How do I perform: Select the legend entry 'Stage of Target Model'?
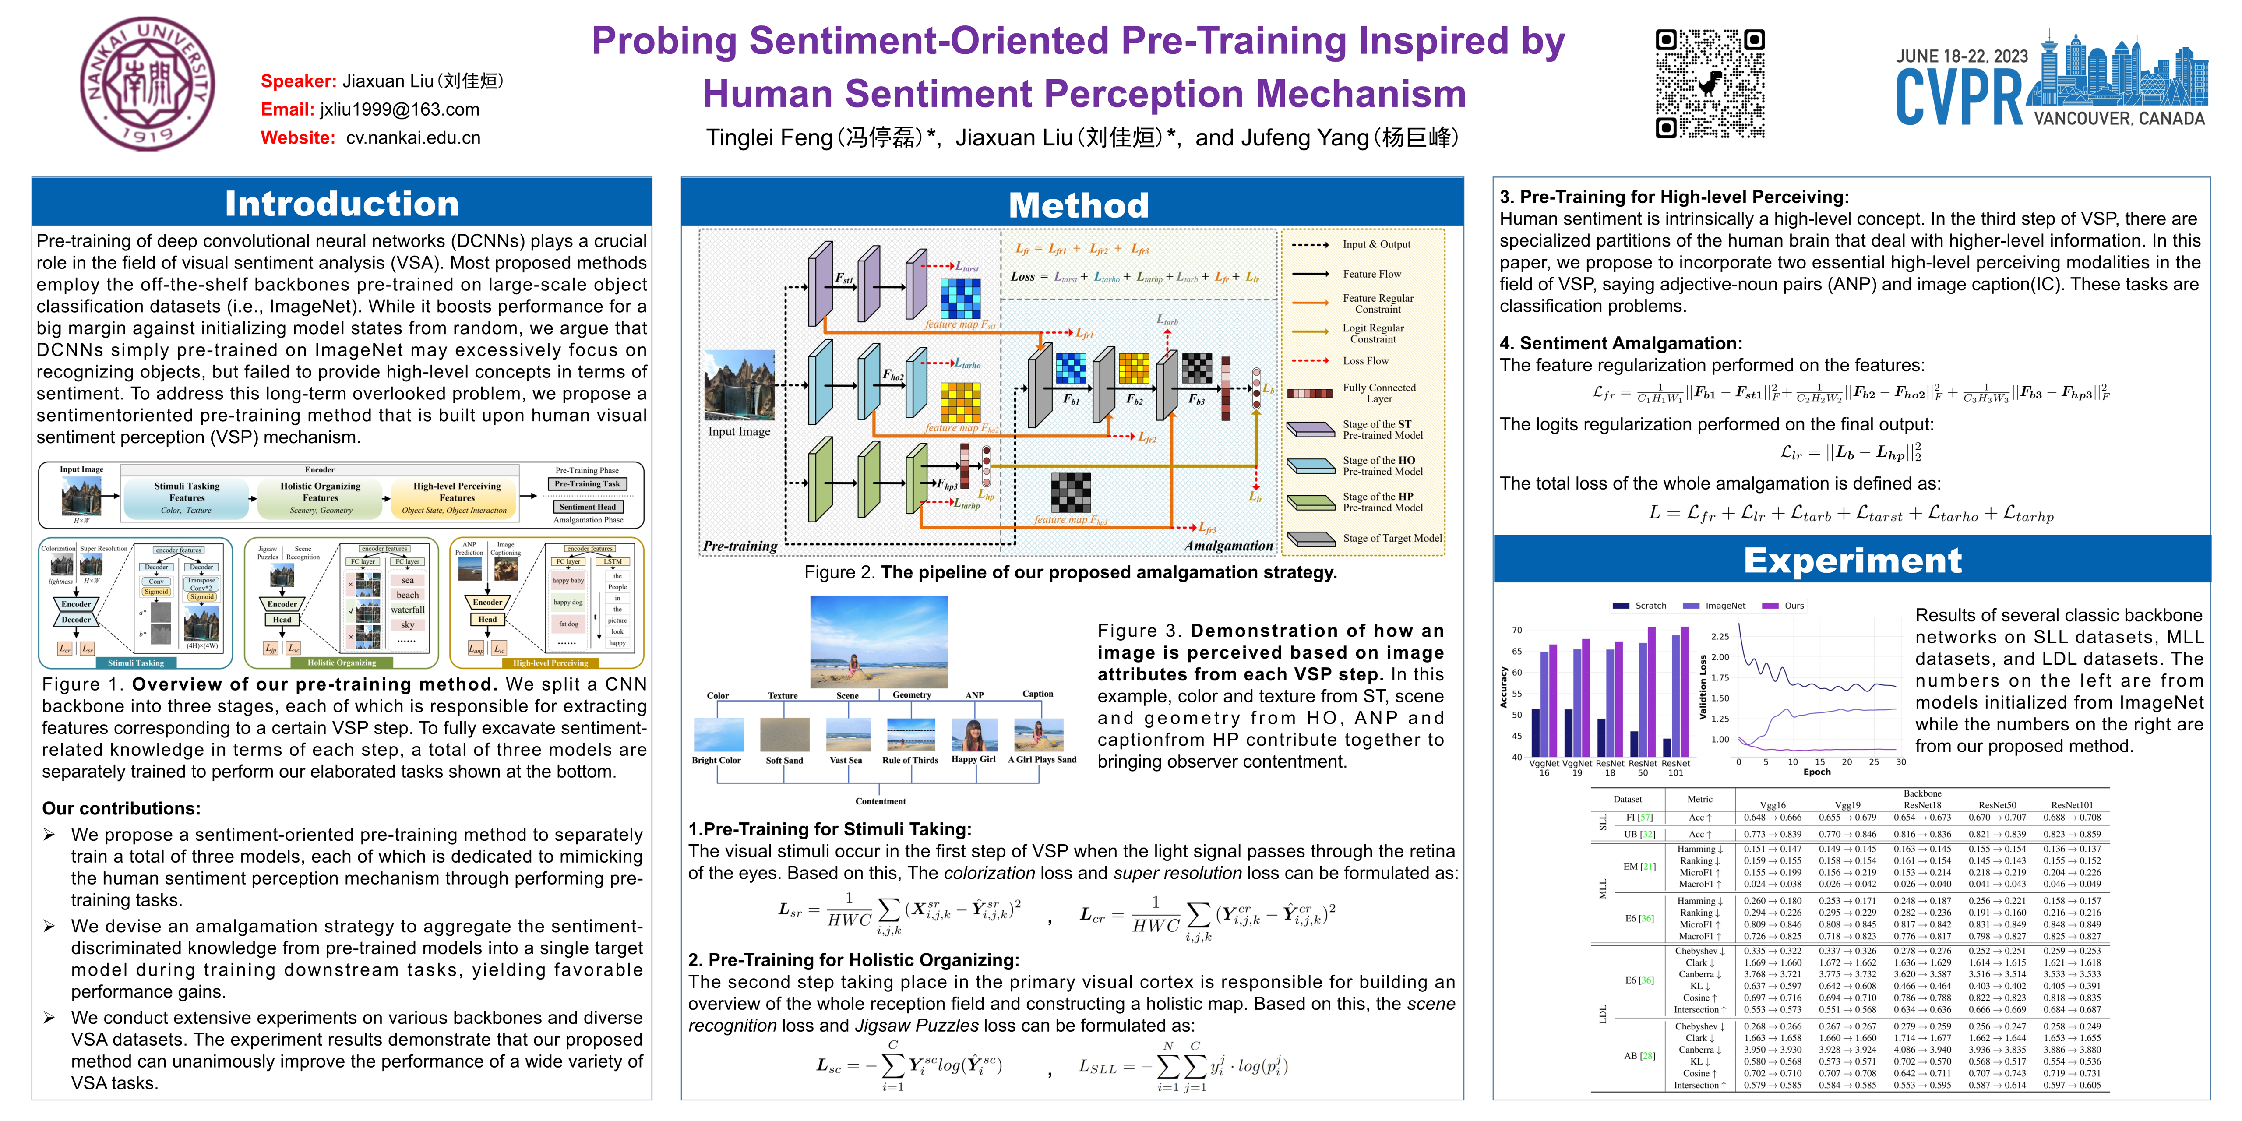coord(1392,538)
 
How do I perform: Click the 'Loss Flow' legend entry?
coord(1366,360)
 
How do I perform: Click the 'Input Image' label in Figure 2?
coord(739,432)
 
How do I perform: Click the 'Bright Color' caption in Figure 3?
coord(716,760)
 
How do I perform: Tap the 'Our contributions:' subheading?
coord(121,808)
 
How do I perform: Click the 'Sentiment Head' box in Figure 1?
coord(588,507)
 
